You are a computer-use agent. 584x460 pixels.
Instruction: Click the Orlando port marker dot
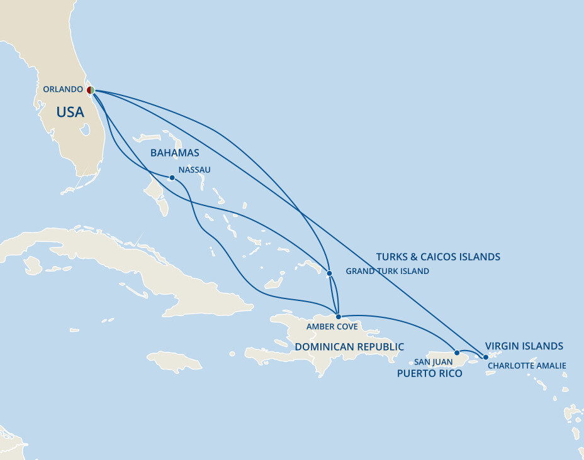pos(91,90)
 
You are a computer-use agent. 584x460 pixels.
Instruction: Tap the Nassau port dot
pos(172,177)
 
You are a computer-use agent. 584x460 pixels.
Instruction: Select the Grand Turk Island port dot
pos(329,273)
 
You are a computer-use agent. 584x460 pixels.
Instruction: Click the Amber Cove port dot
pos(339,316)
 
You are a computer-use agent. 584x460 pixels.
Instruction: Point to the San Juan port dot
pos(457,353)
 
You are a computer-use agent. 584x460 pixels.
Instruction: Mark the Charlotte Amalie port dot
pos(485,357)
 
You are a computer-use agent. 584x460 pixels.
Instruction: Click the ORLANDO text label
pos(63,89)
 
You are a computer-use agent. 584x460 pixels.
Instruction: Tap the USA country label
pos(70,112)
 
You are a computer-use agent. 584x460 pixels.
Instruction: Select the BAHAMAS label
pos(174,153)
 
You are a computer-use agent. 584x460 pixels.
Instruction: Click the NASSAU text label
pos(194,170)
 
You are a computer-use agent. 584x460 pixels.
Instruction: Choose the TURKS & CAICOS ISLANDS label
pos(438,257)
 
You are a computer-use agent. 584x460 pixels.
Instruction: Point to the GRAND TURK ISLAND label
pos(388,271)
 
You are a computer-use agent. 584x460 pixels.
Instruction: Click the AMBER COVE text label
pos(332,327)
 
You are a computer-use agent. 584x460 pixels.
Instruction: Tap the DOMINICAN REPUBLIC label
pos(349,347)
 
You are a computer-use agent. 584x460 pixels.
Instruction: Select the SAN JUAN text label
pos(433,363)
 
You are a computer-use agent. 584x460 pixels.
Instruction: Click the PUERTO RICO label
pos(429,374)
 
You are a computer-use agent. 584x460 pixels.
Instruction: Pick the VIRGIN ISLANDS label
pos(524,346)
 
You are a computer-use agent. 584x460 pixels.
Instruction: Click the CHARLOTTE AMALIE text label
pos(527,366)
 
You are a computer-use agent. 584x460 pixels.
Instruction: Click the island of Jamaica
pos(174,362)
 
